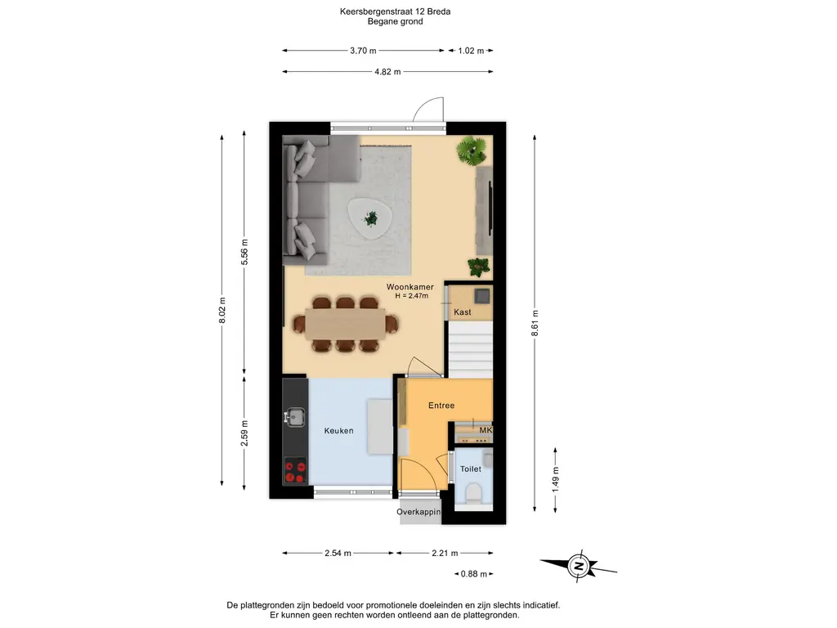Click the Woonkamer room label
410,287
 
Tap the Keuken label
338,430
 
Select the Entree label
441,406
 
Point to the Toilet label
471,469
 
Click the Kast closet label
463,312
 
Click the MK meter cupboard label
486,430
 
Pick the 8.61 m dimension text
535,323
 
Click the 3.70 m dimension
363,51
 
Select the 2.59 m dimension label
244,433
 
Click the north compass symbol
578,565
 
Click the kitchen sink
294,416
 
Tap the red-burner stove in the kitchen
295,470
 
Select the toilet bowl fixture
473,493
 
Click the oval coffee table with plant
370,218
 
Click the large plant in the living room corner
472,150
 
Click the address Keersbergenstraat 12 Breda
395,11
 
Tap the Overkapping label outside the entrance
419,512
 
